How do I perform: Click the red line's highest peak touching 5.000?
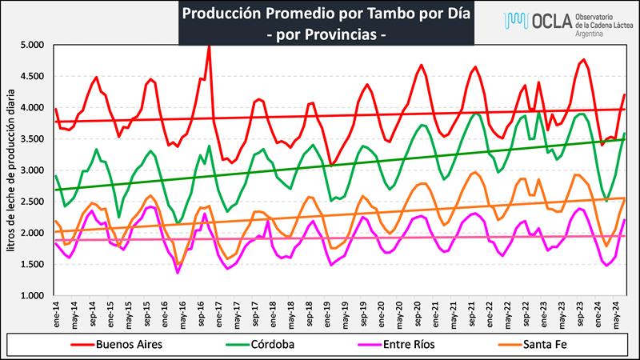[209, 46]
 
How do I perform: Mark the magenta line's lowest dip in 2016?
[178, 273]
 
